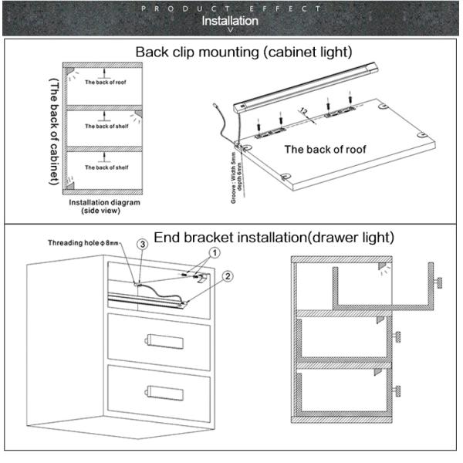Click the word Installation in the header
(230, 21)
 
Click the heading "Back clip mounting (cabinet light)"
(244, 52)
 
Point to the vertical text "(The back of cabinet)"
(55, 131)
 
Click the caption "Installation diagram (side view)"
(106, 206)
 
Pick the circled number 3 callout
(142, 244)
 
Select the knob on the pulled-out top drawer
(438, 283)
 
